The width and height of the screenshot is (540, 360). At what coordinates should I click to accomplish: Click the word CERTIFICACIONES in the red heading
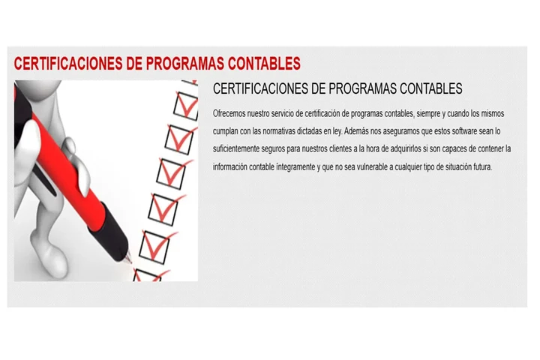[66, 63]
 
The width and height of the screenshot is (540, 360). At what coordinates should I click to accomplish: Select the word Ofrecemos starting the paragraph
[229, 113]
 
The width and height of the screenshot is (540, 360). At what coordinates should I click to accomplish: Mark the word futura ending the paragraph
[478, 166]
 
